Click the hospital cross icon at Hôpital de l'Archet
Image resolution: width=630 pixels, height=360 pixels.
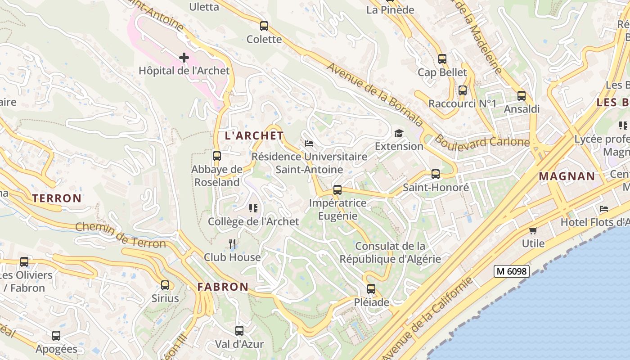pyautogui.click(x=184, y=57)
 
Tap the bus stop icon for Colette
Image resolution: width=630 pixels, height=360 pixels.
pyautogui.click(x=264, y=26)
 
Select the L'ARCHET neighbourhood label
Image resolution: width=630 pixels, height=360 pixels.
pyautogui.click(x=254, y=135)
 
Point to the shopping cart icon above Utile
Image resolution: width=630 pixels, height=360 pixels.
pyautogui.click(x=533, y=230)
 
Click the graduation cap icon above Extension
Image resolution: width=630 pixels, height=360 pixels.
pyautogui.click(x=399, y=133)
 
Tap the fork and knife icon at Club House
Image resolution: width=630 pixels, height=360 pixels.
pyautogui.click(x=232, y=244)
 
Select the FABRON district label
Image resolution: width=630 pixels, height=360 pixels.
pyautogui.click(x=223, y=287)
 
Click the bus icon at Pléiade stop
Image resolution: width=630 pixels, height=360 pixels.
pyautogui.click(x=371, y=289)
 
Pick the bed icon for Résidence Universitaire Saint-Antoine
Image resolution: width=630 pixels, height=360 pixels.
pyautogui.click(x=309, y=144)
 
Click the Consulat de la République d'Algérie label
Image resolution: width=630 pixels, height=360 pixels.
pyautogui.click(x=390, y=252)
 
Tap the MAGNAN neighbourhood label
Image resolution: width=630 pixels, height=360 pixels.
pyautogui.click(x=567, y=176)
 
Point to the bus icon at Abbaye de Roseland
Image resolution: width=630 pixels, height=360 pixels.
pyautogui.click(x=217, y=156)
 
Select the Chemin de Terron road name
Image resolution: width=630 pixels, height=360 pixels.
pyautogui.click(x=121, y=235)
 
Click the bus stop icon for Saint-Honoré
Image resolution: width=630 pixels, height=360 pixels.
pyautogui.click(x=436, y=174)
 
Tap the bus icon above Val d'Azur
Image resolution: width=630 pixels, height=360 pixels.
pyautogui.click(x=239, y=331)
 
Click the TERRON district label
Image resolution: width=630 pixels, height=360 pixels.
pyautogui.click(x=57, y=198)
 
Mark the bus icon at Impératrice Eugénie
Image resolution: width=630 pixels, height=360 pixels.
pyautogui.click(x=337, y=190)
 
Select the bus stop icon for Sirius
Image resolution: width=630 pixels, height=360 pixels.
pyautogui.click(x=165, y=285)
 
